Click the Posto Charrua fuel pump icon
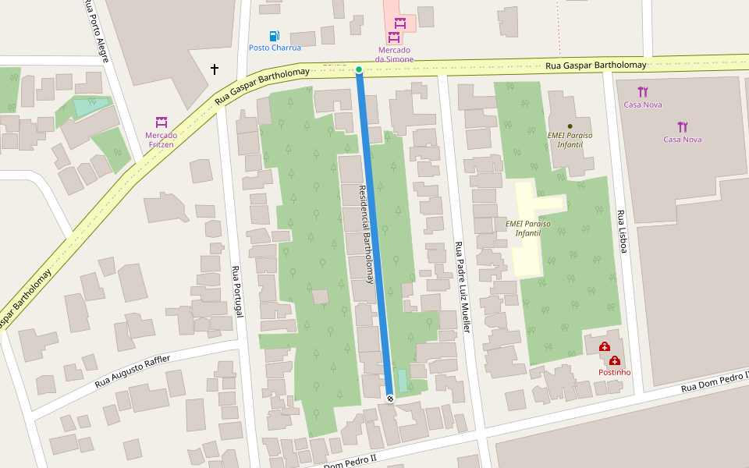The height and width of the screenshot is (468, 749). click(274, 36)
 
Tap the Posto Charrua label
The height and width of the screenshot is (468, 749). click(275, 48)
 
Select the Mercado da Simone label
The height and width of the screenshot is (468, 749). click(393, 55)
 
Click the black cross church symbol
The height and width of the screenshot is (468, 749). click(215, 69)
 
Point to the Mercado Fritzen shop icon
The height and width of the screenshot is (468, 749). click(162, 122)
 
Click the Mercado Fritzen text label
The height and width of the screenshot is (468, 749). click(161, 140)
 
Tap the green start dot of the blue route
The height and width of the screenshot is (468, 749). click(359, 70)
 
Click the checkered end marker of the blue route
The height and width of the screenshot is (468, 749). click(390, 399)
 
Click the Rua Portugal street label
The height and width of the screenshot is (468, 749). click(237, 292)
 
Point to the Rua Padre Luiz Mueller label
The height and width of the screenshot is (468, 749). click(463, 288)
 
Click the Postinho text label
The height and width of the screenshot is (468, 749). click(614, 372)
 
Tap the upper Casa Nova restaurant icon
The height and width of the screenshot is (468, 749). click(642, 92)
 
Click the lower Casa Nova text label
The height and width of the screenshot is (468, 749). click(682, 140)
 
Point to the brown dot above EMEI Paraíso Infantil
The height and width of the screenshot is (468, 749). click(570, 126)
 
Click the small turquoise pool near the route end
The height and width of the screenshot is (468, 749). click(403, 381)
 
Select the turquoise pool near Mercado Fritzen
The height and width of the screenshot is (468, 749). click(91, 107)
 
